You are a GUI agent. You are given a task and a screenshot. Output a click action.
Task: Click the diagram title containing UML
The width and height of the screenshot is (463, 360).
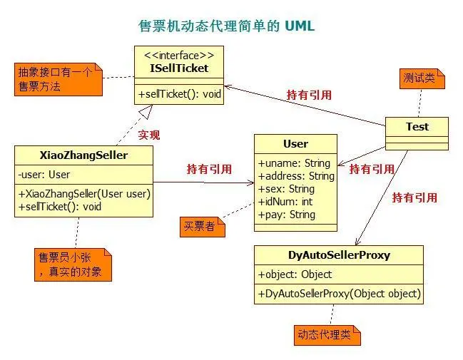tap(226, 26)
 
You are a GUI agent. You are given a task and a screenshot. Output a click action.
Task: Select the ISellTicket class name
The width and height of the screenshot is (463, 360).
tap(179, 68)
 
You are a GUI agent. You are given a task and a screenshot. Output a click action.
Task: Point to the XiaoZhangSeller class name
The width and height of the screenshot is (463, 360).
tap(83, 155)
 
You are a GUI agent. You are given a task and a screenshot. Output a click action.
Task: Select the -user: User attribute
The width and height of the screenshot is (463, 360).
tap(44, 174)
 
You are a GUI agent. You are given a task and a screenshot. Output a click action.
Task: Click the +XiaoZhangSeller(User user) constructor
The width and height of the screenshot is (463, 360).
tap(80, 194)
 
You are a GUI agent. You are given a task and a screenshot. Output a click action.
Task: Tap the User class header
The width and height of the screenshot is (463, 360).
tap(295, 143)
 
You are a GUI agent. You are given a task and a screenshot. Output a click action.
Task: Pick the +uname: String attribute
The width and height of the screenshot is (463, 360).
tap(294, 163)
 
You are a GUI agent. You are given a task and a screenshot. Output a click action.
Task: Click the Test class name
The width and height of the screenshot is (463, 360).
tap(417, 126)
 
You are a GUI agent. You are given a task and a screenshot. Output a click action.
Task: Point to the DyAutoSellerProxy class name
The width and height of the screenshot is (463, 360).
tap(339, 254)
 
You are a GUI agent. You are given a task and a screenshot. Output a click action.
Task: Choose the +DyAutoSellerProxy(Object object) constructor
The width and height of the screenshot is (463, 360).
tap(339, 293)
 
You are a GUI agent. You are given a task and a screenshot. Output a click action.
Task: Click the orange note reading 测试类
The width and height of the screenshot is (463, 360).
tap(422, 76)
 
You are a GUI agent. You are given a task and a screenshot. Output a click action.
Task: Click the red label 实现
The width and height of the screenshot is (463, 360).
tap(148, 134)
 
